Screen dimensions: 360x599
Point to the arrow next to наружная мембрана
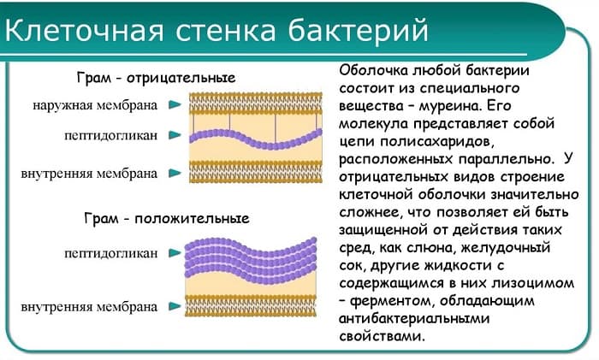coord(175,105)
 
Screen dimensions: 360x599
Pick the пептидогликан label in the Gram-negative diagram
coord(110,135)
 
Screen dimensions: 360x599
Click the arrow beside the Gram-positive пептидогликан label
coord(175,252)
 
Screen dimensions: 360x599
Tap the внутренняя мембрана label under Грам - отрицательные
coord(89,173)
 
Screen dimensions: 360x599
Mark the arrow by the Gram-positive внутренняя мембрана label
coord(175,304)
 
